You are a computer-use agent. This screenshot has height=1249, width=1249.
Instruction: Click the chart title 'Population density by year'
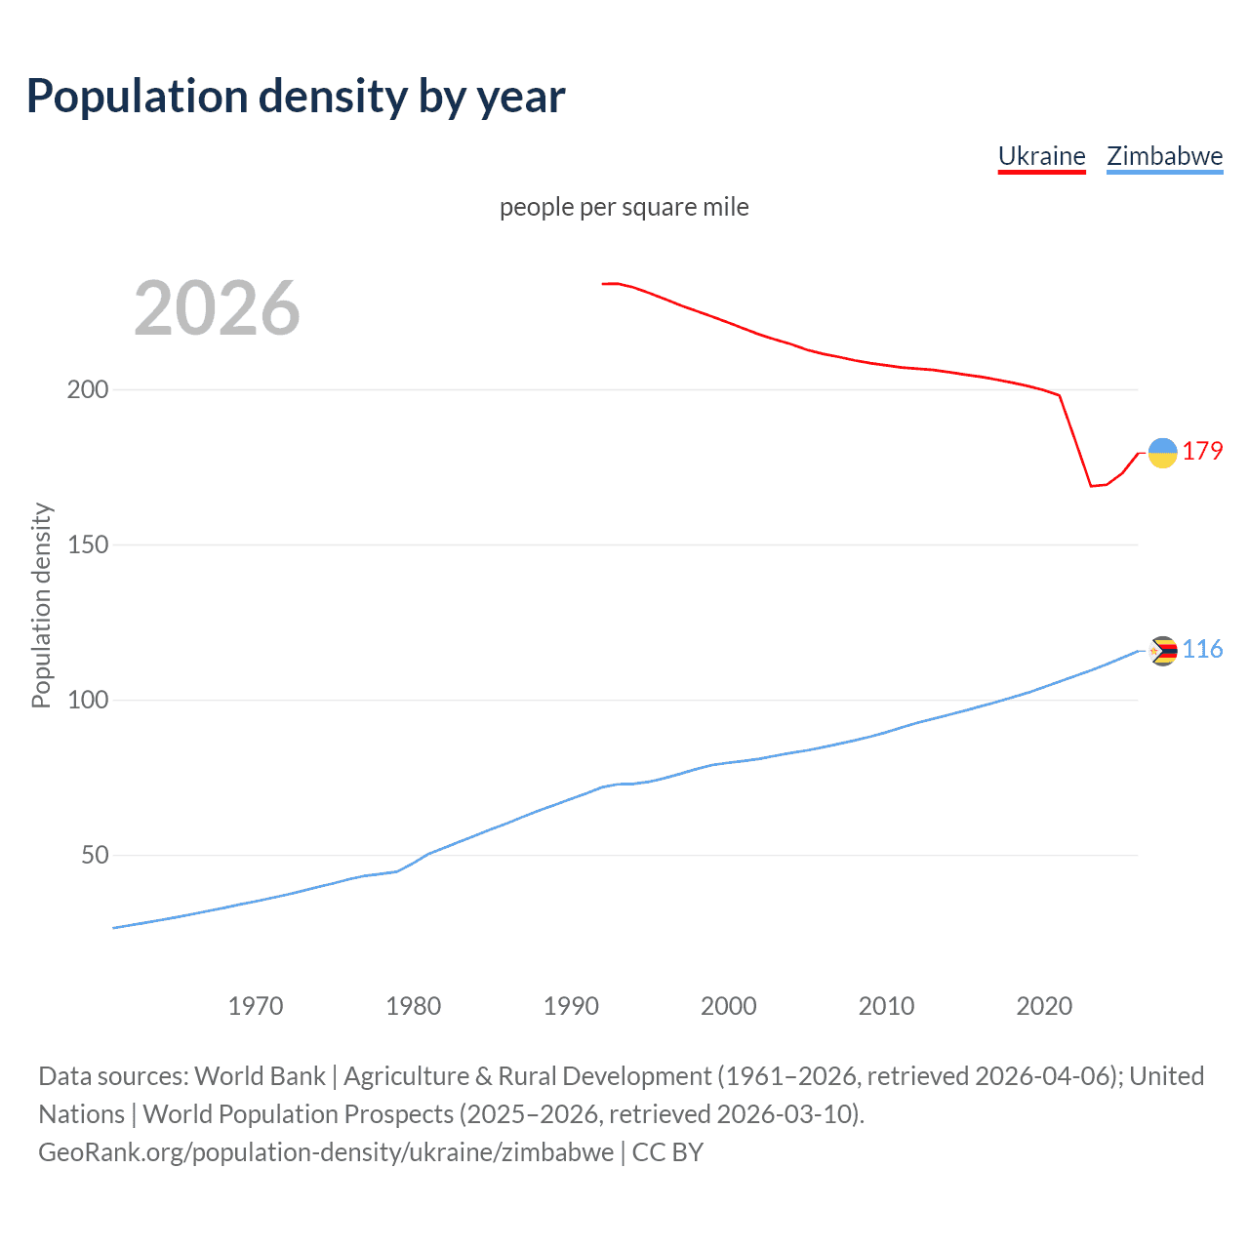coord(296,97)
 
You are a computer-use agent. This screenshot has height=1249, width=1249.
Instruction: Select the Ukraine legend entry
coord(1041,156)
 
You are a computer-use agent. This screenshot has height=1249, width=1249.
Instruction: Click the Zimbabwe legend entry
coord(1164,156)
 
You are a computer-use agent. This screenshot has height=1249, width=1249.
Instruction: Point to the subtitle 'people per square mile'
coord(624,207)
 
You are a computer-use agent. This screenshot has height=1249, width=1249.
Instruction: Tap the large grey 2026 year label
coord(217,308)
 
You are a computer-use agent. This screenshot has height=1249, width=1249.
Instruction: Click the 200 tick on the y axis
coord(87,389)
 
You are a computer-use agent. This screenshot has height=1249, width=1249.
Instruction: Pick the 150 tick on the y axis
coord(87,544)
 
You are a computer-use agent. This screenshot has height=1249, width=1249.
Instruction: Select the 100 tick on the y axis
coord(87,700)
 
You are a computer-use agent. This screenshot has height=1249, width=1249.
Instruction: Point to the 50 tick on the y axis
coord(95,855)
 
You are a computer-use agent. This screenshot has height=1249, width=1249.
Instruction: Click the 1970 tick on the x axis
coord(256,1006)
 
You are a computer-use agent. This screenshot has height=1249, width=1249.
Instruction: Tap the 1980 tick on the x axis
coord(413,1006)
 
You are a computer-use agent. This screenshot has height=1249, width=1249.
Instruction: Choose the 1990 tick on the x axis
coord(571,1006)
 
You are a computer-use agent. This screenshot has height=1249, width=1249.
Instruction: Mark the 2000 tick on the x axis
coord(728,1006)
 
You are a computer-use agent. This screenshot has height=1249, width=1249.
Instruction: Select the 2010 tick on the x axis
coord(886,1006)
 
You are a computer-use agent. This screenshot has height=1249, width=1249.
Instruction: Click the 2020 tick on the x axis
coord(1044,1006)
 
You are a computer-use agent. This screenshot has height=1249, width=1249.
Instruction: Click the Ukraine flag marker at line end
coord(1162,453)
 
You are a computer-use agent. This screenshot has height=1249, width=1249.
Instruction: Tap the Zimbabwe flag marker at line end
coord(1162,651)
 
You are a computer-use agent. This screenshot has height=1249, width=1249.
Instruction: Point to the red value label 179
coord(1202,451)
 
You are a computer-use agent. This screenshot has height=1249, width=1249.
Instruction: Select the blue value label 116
coord(1202,650)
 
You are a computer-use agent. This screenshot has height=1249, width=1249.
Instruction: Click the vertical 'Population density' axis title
coord(41,605)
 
